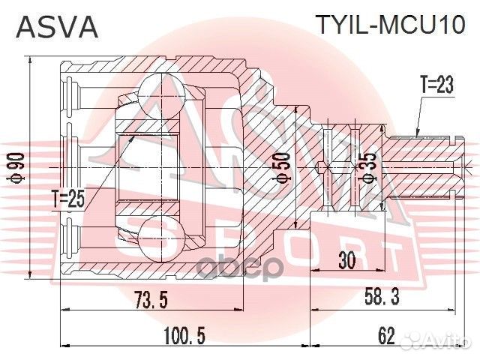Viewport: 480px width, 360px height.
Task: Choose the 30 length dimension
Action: [x=346, y=260]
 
